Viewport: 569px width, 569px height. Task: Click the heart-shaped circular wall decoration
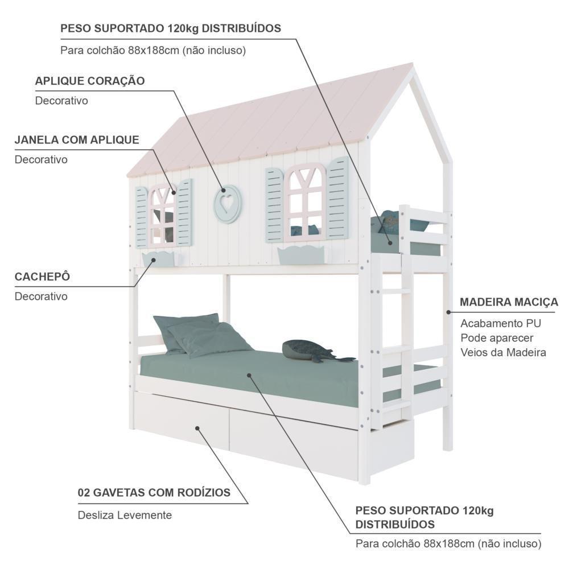point(228,204)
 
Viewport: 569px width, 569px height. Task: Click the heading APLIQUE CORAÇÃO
point(90,81)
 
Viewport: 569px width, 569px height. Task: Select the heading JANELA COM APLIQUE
point(77,140)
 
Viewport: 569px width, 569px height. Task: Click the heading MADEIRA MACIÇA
point(509,302)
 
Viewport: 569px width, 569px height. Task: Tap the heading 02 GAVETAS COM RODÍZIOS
point(154,492)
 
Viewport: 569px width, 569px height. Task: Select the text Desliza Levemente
point(125,515)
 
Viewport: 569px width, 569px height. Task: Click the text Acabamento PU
point(501,323)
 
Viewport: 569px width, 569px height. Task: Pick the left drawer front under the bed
point(182,421)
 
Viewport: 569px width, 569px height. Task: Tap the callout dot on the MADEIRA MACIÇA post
point(448,312)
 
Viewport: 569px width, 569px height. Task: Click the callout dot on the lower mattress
point(249,375)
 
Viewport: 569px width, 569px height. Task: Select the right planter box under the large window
point(301,255)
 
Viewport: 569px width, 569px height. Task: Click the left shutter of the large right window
point(275,205)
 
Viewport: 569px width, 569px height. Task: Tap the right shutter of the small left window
point(184,212)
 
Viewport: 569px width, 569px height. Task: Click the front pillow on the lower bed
point(209,339)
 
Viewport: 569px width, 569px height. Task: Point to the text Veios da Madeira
point(504,352)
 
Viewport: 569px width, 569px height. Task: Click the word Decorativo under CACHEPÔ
point(41,296)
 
